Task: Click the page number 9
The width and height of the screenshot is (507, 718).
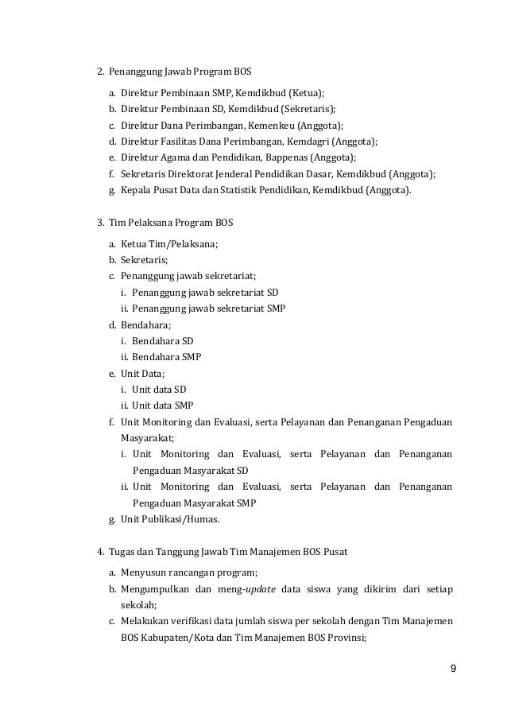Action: (x=452, y=668)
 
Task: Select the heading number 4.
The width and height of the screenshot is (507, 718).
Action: (x=99, y=552)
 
